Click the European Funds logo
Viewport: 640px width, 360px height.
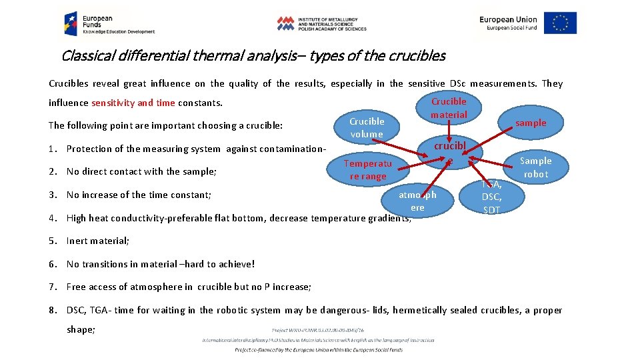coord(109,23)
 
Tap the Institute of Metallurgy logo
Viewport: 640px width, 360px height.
coord(322,23)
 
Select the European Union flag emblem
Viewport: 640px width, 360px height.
coord(560,23)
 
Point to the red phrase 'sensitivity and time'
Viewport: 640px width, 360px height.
coord(132,103)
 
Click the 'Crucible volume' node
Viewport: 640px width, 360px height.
coord(367,127)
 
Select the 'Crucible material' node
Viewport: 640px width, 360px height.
coord(449,108)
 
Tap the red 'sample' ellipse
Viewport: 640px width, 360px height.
coord(530,123)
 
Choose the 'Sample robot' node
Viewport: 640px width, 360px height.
coord(535,167)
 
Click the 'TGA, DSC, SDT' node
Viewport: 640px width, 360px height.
coord(491,196)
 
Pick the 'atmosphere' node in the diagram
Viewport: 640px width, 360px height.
coord(417,201)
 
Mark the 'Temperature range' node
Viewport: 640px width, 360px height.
coord(368,169)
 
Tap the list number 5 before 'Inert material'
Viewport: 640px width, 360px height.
coord(53,241)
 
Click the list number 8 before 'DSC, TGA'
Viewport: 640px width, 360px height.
coord(53,310)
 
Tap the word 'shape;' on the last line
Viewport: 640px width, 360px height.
coord(81,329)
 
